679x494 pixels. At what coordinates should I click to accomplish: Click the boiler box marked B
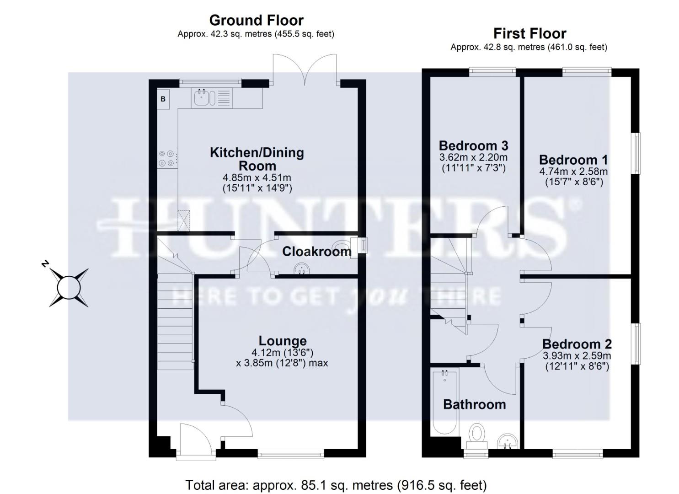pos(163,99)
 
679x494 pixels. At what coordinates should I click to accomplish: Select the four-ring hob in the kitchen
pos(166,158)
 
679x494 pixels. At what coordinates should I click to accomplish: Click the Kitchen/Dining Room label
pos(257,159)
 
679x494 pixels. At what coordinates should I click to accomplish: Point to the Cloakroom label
pos(316,251)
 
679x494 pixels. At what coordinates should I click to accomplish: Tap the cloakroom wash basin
pos(301,268)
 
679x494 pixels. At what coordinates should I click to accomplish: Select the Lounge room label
pos(283,341)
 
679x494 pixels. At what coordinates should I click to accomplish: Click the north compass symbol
pos(69,287)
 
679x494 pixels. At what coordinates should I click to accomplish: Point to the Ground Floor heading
pos(256,20)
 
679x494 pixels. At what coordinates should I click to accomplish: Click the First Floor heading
pos(529,33)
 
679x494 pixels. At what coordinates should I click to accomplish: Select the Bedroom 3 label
pos(473,145)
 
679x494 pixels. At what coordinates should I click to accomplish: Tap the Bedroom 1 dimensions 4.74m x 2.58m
pos(573,172)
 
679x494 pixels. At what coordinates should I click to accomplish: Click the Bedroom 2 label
pos(577,344)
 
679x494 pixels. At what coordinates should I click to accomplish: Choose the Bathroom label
pos(474,404)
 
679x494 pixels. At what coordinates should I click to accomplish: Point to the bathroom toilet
pos(477,435)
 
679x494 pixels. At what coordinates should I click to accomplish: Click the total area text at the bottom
pos(336,485)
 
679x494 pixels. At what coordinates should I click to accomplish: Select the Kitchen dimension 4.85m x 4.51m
pos(257,177)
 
